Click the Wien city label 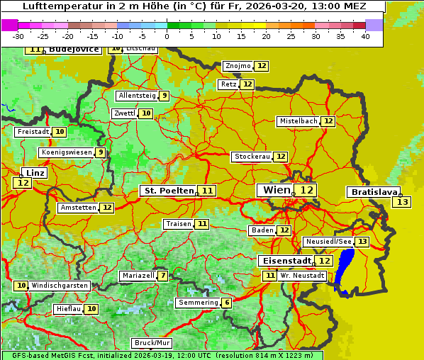[x=276, y=190]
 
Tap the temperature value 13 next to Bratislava [x=402, y=203]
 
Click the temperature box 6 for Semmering [x=226, y=303]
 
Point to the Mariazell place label [x=138, y=276]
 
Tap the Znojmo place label [x=238, y=66]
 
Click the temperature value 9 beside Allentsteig [x=164, y=96]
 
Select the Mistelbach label [x=298, y=121]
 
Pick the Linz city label [x=35, y=173]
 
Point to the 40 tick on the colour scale [x=365, y=36]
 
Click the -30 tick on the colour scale [x=18, y=36]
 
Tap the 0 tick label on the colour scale [x=167, y=36]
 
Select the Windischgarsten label [x=60, y=286]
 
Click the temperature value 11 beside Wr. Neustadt [x=269, y=276]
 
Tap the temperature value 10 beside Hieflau [x=91, y=309]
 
